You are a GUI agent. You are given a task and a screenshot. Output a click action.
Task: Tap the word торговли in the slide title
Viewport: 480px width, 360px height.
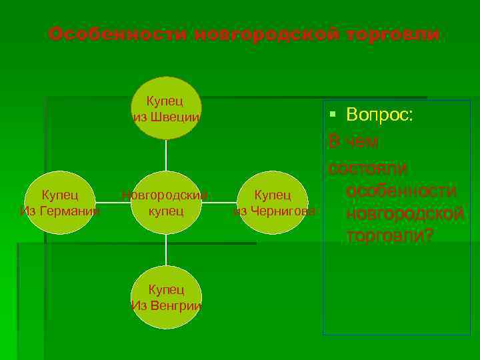click(393, 34)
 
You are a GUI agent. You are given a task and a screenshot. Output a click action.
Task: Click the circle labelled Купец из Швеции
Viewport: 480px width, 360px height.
click(166, 108)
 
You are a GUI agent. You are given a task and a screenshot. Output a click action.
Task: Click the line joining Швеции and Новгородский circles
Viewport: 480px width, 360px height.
click(166, 155)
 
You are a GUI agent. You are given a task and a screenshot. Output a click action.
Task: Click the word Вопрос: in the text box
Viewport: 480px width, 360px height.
click(380, 115)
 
